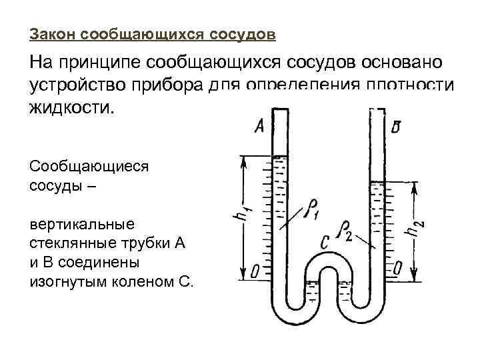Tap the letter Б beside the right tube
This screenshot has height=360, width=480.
click(396, 127)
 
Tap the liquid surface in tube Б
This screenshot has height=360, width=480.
click(378, 181)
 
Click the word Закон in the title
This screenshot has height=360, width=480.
click(51, 33)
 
